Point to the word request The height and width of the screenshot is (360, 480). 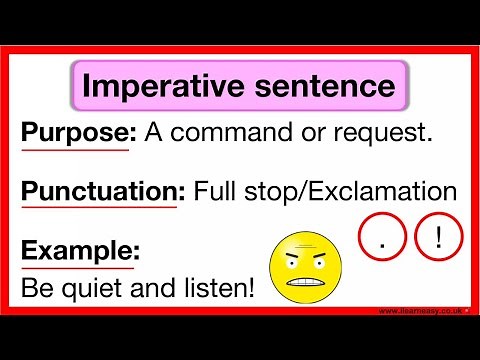click(386, 134)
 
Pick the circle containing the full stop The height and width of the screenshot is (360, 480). click(382, 241)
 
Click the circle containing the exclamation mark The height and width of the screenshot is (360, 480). click(439, 241)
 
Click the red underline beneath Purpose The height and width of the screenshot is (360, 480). click(74, 151)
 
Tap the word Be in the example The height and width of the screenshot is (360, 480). click(36, 290)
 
